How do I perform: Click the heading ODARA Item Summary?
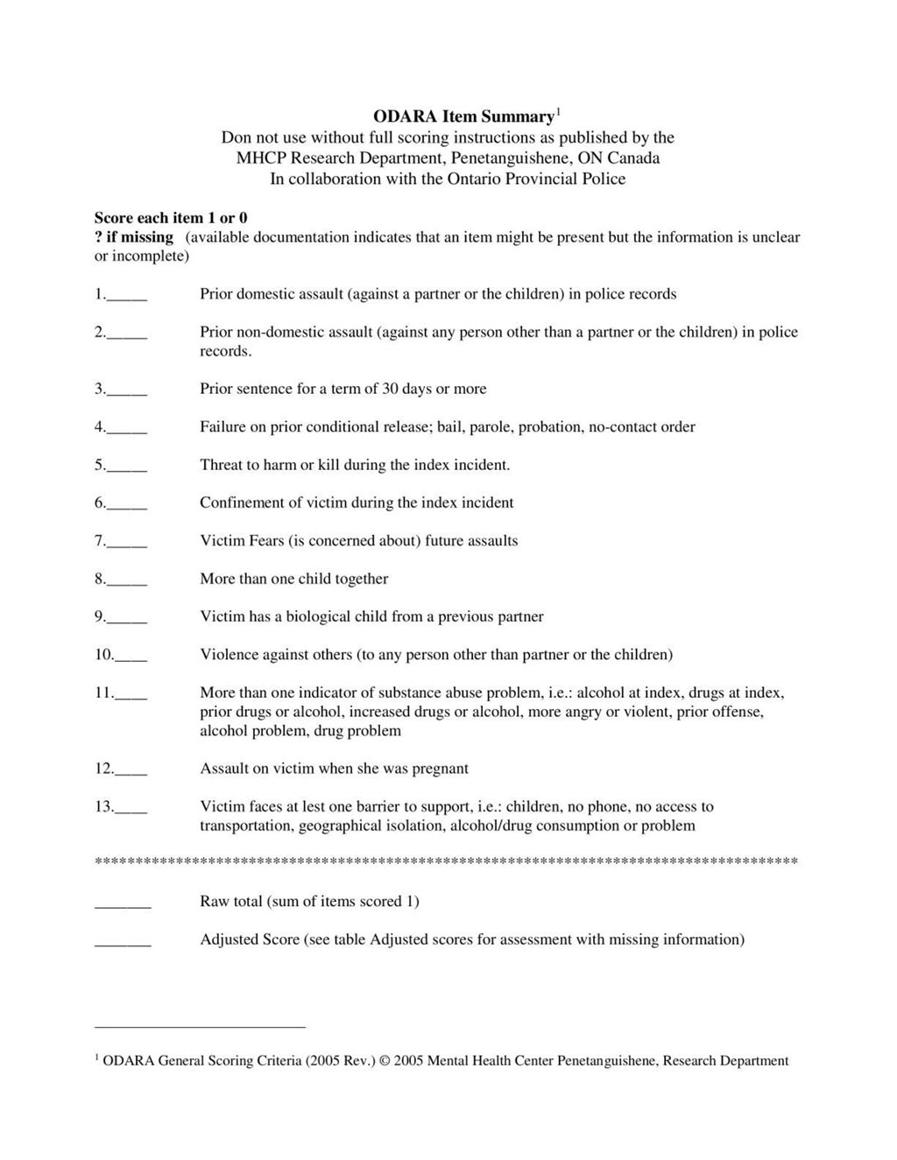(x=463, y=116)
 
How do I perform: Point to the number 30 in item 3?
(x=391, y=389)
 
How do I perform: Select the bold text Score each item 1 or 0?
(x=171, y=218)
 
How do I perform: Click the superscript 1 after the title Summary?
(x=558, y=111)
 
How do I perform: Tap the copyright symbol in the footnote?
(x=385, y=1061)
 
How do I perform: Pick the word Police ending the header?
(x=604, y=179)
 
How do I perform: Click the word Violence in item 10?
(x=230, y=655)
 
